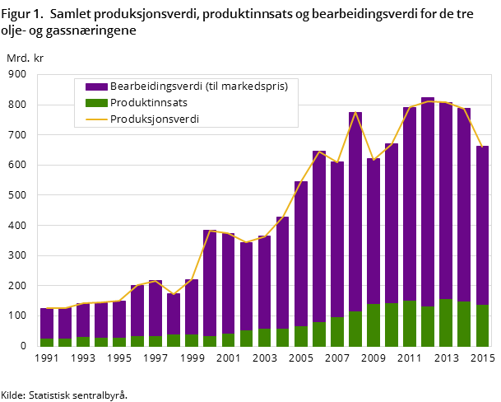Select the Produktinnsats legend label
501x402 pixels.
tap(149, 102)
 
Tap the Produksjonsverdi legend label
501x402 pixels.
tap(155, 119)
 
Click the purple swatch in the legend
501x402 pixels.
tap(96, 86)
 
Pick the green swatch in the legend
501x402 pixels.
tap(96, 103)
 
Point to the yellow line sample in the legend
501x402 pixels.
tap(96, 119)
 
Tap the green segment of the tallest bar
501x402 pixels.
tap(428, 326)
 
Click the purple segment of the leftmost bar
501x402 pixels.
tap(47, 323)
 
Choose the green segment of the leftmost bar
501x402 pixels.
tap(47, 342)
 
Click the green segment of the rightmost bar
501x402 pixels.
tap(482, 325)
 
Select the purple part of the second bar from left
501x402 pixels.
tap(65, 323)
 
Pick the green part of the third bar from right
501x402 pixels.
tap(446, 322)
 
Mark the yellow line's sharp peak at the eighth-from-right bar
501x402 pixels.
tap(355, 113)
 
